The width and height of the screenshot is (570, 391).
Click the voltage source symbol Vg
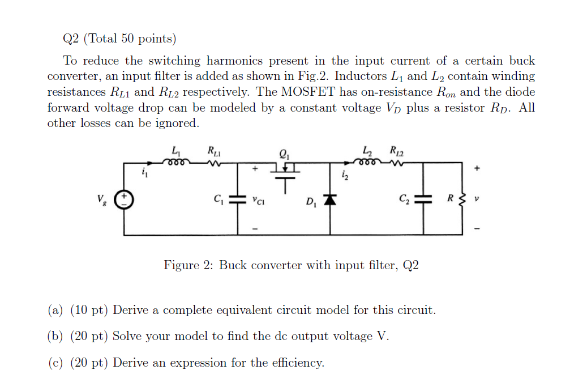click(124, 198)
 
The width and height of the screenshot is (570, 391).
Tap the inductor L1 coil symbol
click(175, 162)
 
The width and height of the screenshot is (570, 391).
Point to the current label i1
click(144, 172)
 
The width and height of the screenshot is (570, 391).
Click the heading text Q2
click(72, 39)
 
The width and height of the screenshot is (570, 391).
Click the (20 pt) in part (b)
click(89, 336)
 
